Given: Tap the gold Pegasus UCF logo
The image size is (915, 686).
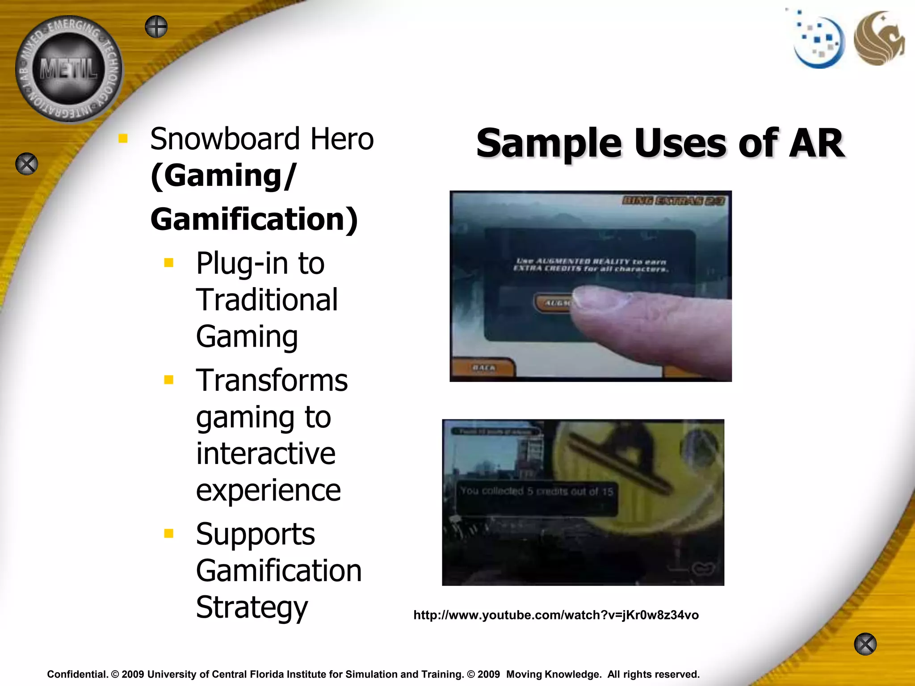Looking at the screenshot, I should coord(878,39).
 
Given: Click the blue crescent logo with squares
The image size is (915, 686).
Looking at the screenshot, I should coord(818,42).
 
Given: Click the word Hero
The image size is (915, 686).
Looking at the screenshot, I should coord(342,139).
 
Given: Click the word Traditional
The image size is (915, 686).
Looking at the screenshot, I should coord(267,300).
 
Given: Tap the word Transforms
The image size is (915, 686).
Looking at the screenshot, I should coord(272,381).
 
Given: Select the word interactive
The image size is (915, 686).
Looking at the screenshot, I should coord(265,454).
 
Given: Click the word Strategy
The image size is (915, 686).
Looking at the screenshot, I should coord(252,607).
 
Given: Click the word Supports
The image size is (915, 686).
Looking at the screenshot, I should coord(255,534).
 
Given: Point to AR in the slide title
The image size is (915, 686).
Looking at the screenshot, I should coord(817,143).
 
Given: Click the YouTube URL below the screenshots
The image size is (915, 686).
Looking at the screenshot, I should coord(556,615).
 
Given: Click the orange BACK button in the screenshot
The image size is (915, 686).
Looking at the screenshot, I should coord(483,368).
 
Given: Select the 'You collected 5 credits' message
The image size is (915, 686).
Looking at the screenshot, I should coord(536,491).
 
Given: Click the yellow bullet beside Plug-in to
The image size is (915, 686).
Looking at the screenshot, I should coord(169,263).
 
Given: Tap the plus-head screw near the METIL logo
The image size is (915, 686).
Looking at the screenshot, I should coord(156,27).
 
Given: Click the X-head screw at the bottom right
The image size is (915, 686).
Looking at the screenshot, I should coord(865,644).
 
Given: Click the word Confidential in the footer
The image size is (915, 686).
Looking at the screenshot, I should coord(77,674).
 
